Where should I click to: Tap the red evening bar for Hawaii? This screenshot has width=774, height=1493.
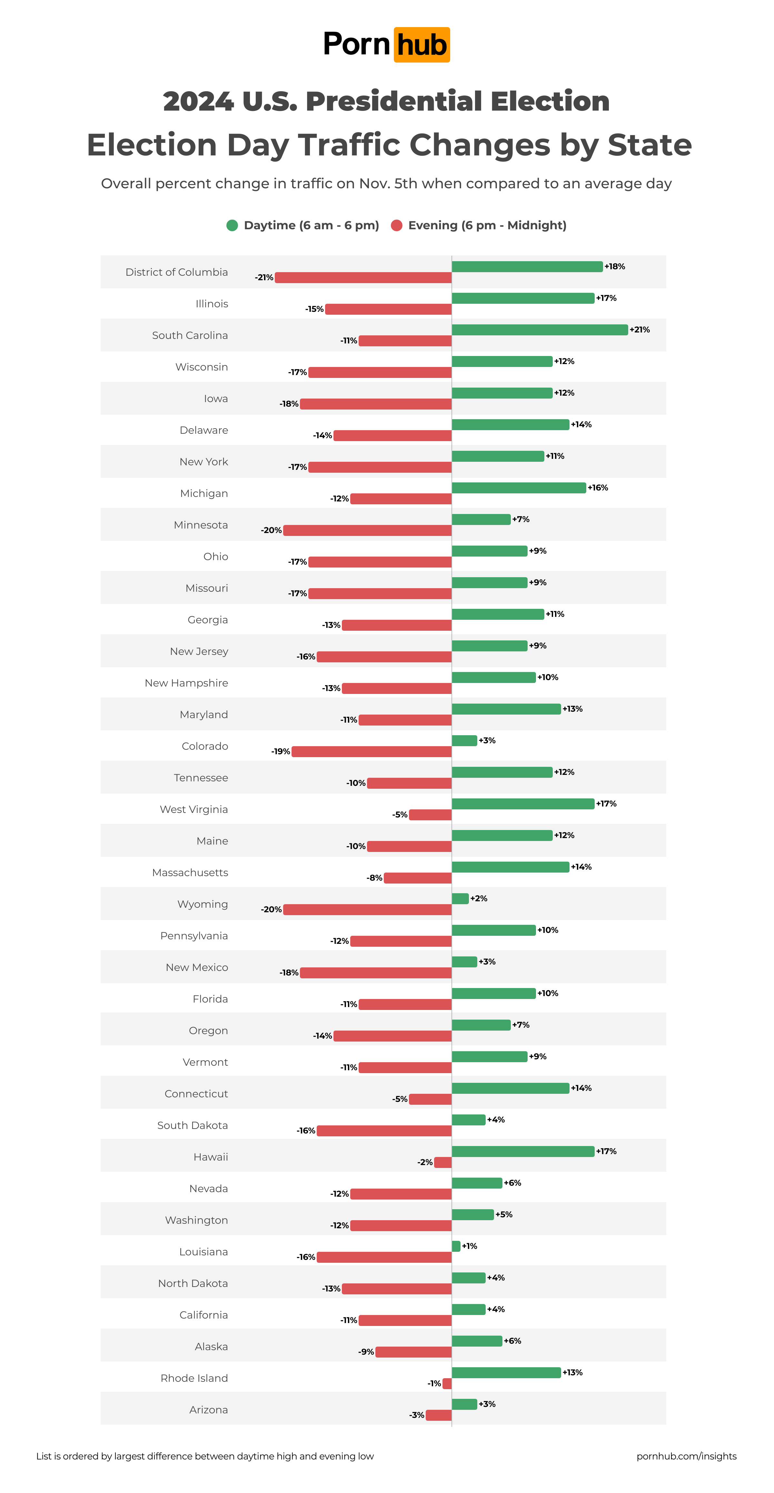(x=443, y=1162)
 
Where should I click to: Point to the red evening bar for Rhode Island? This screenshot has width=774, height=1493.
(x=447, y=1383)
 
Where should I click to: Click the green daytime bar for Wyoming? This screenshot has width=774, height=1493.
(x=460, y=898)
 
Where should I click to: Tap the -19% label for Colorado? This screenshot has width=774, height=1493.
(x=281, y=752)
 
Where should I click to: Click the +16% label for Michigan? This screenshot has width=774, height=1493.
(x=598, y=488)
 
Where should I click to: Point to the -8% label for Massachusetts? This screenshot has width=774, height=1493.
(x=374, y=878)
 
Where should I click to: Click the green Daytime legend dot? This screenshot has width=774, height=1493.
(x=232, y=225)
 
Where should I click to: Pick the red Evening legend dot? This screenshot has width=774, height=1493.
(x=397, y=225)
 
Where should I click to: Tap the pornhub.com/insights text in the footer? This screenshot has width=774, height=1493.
(x=687, y=1457)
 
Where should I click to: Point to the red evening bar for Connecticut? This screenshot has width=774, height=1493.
(x=430, y=1099)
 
